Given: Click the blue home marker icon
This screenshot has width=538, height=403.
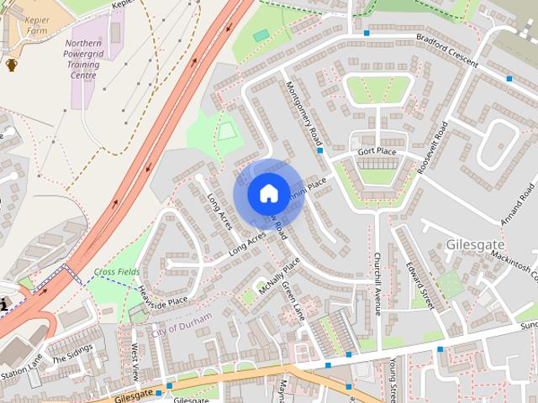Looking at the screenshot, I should pos(267,193).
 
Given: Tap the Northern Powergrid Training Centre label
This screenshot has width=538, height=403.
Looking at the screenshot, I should pos(82,59).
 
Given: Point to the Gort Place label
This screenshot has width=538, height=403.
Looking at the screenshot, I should pos(376,151).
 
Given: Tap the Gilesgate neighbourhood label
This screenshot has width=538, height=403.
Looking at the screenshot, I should pos(477,244).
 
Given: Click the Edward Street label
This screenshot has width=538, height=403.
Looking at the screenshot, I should pos(418,285).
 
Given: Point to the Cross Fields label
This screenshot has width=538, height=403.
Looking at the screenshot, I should pos(117,272).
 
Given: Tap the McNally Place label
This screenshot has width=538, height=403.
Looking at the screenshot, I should pos(278,276).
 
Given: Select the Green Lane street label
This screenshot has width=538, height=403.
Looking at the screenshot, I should pos(293,301).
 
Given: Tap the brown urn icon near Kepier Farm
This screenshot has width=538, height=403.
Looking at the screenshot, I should pos(12,64).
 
